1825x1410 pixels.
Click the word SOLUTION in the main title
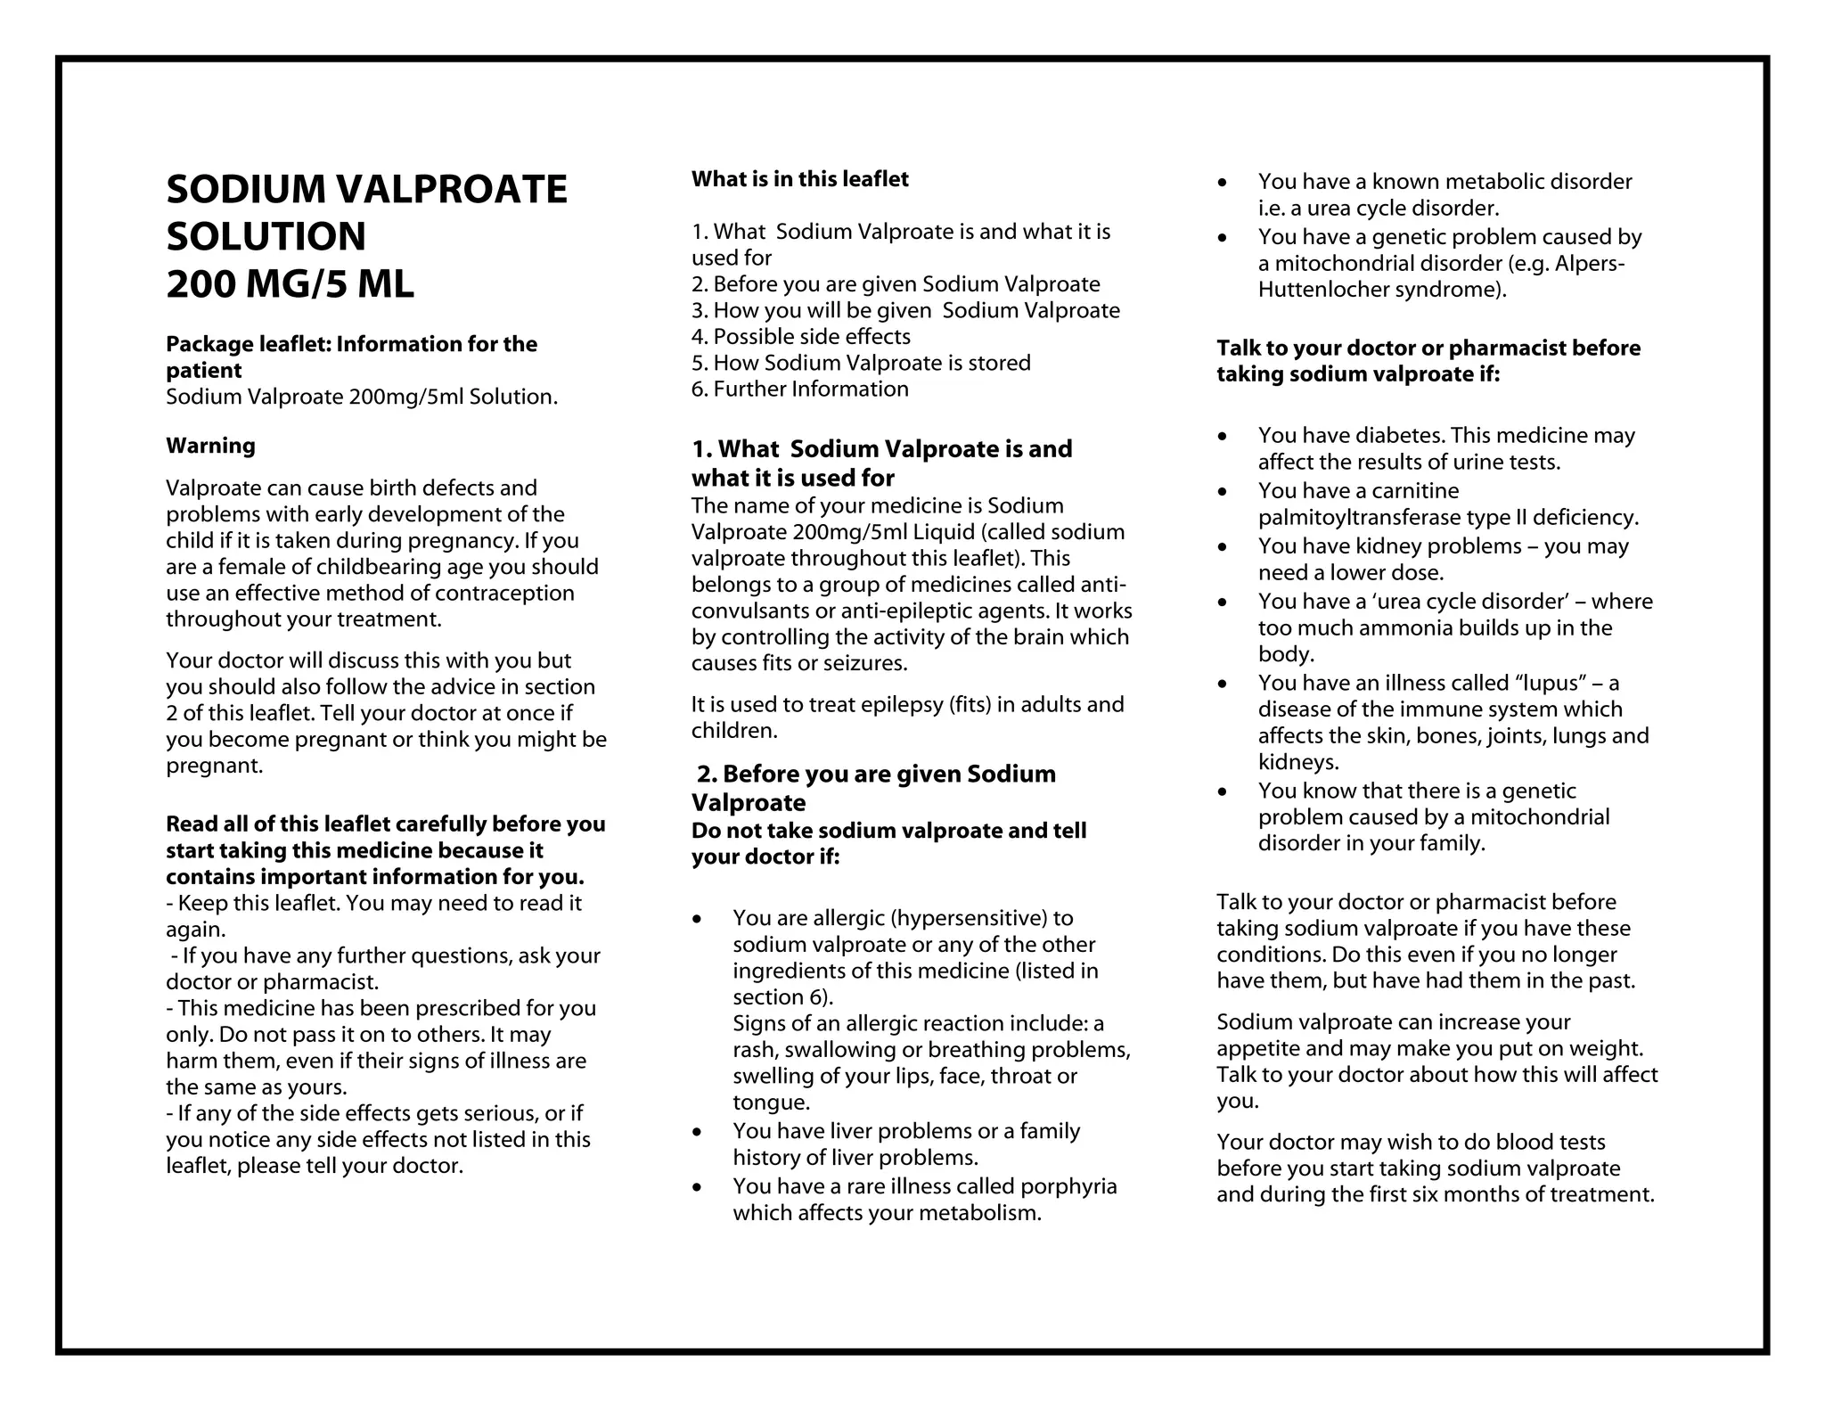[266, 237]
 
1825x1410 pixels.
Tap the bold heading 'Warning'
[210, 446]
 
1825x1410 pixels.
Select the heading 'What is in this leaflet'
[799, 179]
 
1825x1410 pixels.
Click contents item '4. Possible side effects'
[800, 337]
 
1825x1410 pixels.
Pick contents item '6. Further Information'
[799, 389]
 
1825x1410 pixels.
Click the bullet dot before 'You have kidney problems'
[1223, 547]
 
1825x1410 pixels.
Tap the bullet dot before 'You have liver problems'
[697, 1132]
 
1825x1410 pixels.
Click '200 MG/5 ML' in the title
[290, 284]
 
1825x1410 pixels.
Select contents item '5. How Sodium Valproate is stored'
[861, 364]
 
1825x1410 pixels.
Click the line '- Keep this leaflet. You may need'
[373, 904]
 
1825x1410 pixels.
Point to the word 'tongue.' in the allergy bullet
[771, 1103]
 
